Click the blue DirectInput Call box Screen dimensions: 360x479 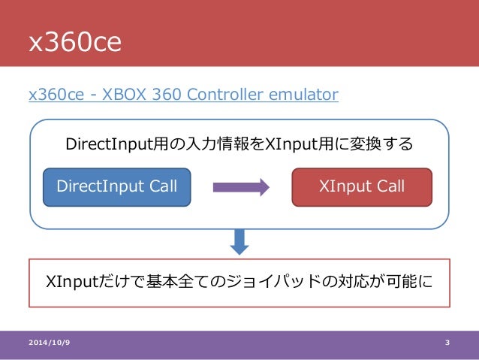tap(117, 186)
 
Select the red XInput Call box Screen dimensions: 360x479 tap(362, 186)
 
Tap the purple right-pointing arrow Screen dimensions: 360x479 tap(241, 187)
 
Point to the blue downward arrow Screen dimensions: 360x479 tap(239, 241)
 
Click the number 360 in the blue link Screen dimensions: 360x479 tap(167, 95)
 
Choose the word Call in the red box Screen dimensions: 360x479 tap(390, 186)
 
